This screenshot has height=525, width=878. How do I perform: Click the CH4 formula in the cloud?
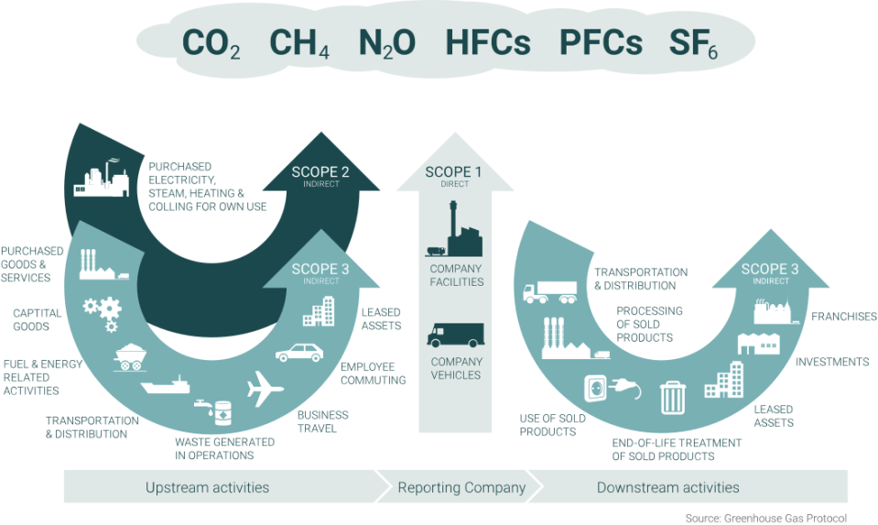coord(299,44)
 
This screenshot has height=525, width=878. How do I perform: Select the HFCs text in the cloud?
coord(487,43)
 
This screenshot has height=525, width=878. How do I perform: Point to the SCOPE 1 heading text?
coord(455,172)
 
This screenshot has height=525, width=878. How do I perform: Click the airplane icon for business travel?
coord(266,388)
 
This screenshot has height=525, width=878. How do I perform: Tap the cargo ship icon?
coord(166,384)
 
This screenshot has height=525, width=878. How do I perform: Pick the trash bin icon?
coord(673,396)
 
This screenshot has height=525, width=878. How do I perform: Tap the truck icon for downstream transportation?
coord(549,292)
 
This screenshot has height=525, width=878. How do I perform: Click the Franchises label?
coord(844,317)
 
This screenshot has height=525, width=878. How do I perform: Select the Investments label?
coord(831,362)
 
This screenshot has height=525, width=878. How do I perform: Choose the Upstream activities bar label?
coord(208,487)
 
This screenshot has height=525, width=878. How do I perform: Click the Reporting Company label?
coord(461,487)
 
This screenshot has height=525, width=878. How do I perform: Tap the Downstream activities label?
coord(667,487)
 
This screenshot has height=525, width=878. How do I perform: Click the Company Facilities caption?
coord(455,275)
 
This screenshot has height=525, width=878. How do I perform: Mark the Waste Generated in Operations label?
coord(224,447)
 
